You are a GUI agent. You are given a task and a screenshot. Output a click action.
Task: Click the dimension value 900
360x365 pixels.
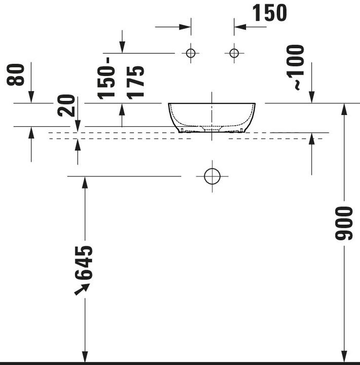(x=345, y=223)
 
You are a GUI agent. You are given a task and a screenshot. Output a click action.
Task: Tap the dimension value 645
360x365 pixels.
(x=85, y=263)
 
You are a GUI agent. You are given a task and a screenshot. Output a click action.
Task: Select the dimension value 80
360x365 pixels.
(x=17, y=75)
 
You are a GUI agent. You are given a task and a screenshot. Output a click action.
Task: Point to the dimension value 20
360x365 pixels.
(x=67, y=105)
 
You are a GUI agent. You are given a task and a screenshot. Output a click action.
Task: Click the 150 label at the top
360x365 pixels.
(x=269, y=13)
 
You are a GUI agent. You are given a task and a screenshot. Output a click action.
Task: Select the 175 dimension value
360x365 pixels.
(x=136, y=82)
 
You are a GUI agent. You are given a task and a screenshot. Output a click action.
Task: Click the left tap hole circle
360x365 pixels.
(x=191, y=53)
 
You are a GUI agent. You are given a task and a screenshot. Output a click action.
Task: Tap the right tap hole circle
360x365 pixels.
(x=234, y=53)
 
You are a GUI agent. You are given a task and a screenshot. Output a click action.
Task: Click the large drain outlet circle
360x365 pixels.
(x=212, y=176)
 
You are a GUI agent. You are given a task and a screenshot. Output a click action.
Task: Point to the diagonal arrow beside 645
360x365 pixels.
(x=82, y=289)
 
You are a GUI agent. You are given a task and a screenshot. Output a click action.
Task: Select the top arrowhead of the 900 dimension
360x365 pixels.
(x=345, y=109)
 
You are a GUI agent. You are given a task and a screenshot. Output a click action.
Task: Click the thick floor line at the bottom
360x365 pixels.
(x=180, y=363)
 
